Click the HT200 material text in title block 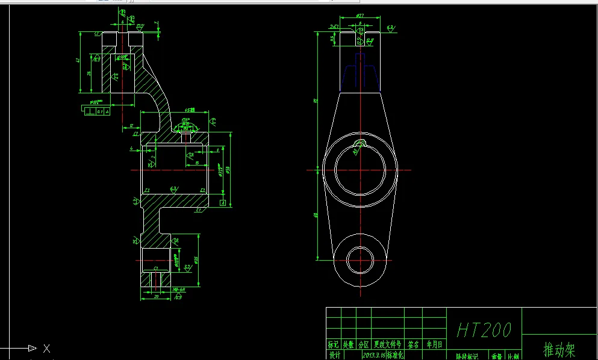point(484,330)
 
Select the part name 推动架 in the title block point(559,349)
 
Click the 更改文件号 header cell point(387,345)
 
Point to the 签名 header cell point(413,345)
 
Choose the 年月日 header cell point(434,345)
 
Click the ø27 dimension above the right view point(360,15)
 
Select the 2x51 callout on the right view point(335,26)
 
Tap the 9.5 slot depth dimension point(332,39)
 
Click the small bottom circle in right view point(360,259)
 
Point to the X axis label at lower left point(47,348)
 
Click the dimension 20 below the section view point(156,296)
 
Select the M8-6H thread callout point(178,290)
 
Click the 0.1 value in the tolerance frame point(99,111)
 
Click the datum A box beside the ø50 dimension point(223,203)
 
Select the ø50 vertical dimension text point(228,170)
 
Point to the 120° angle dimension point(185,120)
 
